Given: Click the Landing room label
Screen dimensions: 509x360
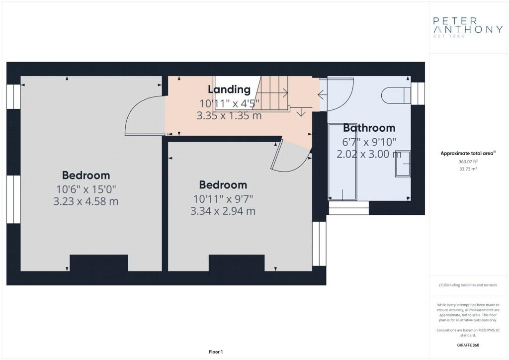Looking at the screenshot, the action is [x=229, y=90].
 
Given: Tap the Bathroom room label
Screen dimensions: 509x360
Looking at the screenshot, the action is [x=369, y=128].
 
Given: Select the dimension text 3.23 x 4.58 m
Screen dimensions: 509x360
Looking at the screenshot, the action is [x=85, y=201].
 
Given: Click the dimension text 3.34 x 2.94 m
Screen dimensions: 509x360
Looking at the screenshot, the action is [x=223, y=211].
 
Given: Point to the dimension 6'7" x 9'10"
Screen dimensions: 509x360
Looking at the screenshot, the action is [x=369, y=142].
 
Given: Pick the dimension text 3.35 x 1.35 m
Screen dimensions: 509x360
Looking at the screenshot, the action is [x=229, y=115].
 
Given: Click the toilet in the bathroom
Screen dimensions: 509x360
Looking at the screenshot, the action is [x=396, y=95].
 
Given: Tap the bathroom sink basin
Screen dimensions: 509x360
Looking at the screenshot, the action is [x=403, y=164].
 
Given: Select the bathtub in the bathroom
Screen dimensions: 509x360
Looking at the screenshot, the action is [x=342, y=162].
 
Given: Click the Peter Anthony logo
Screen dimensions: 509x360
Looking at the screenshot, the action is [x=468, y=27].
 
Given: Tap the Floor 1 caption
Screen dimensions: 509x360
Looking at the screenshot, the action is [x=216, y=352].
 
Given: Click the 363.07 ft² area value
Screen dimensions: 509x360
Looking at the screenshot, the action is [x=468, y=161].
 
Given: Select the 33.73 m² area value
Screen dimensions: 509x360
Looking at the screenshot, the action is [x=468, y=169].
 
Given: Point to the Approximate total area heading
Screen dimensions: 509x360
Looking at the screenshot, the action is [x=468, y=153].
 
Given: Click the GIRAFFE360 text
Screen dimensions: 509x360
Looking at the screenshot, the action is [x=468, y=345].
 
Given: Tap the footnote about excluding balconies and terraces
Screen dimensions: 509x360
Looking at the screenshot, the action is [x=468, y=285].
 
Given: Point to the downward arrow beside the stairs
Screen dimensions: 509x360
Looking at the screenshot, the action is [x=301, y=111].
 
